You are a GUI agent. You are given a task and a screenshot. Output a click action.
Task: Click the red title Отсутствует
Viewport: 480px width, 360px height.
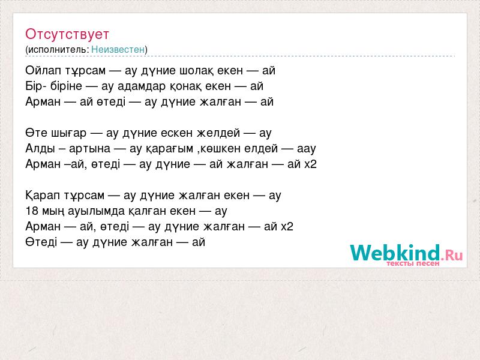67,34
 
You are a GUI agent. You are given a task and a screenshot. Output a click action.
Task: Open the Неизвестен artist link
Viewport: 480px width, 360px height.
118,49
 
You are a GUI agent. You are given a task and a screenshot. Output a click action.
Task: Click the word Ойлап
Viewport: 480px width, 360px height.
43,71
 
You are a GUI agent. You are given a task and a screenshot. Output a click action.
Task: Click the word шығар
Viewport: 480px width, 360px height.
68,133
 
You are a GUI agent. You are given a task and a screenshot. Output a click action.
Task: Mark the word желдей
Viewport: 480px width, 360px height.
218,133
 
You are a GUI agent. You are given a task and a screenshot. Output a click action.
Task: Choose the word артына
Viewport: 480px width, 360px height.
89,149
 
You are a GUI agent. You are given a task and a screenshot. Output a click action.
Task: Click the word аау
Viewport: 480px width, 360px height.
306,149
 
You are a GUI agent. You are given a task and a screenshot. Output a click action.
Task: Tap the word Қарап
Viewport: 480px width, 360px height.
43,196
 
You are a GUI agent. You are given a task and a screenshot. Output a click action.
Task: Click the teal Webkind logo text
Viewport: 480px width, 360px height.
395,253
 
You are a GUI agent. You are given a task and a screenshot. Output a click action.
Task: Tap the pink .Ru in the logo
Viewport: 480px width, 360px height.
452,254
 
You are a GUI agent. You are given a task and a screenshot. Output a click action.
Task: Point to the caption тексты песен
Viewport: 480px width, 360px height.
413,263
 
